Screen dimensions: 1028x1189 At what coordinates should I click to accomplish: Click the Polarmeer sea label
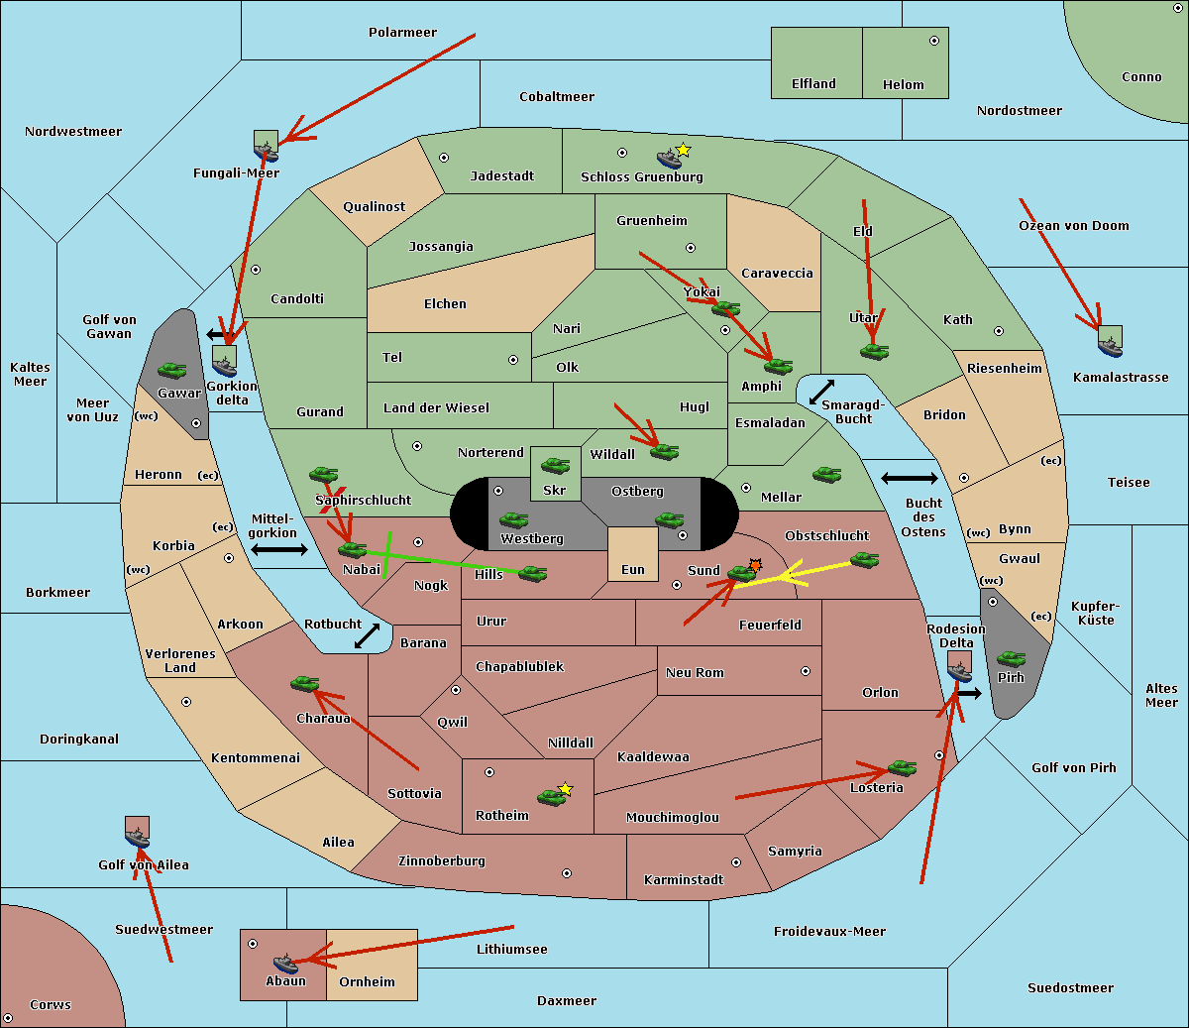point(402,33)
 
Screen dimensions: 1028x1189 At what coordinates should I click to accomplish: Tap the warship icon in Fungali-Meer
point(266,150)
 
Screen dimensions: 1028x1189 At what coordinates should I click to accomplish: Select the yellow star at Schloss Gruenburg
point(683,150)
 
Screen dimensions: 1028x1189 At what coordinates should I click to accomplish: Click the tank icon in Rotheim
point(551,796)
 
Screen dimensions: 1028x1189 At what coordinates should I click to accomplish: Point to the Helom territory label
point(903,85)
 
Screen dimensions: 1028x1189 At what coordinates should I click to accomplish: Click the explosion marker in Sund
point(756,565)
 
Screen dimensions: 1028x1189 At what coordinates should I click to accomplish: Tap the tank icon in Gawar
point(171,371)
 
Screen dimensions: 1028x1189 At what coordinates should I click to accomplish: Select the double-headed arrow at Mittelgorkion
point(279,549)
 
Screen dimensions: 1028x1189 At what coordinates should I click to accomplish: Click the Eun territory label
point(633,570)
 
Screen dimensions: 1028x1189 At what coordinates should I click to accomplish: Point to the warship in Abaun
point(285,963)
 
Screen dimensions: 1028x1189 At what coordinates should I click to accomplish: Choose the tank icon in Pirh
point(1011,658)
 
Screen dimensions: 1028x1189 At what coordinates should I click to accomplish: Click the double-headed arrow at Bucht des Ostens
point(909,479)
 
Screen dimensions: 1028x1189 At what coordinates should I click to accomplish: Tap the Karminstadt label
point(684,880)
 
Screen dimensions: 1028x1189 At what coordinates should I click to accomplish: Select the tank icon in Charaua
point(304,683)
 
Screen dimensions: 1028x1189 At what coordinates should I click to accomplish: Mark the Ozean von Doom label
point(1074,226)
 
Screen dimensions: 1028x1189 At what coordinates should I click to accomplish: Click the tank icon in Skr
point(555,463)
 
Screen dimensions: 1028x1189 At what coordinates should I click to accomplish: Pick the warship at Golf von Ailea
point(137,839)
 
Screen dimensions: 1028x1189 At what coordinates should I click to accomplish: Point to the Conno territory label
point(1141,77)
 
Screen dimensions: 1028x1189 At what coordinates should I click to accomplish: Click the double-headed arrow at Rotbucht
point(367,635)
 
